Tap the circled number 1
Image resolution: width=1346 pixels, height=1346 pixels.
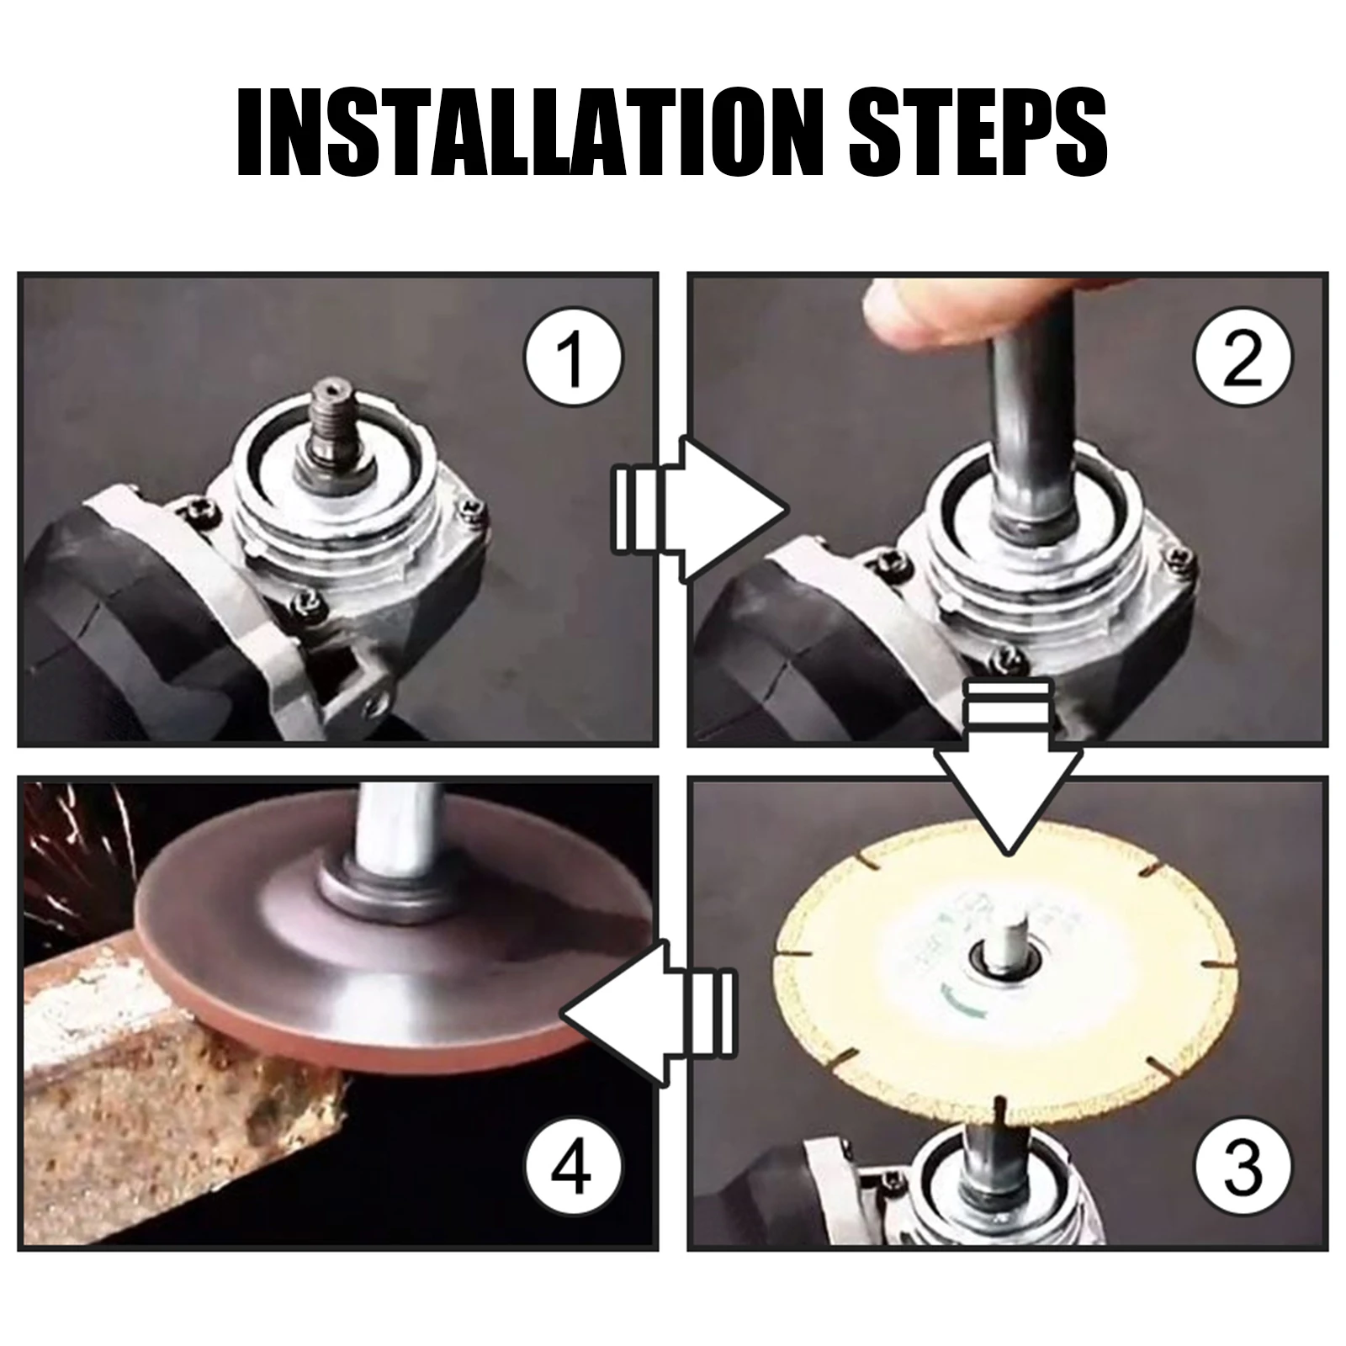[x=573, y=359]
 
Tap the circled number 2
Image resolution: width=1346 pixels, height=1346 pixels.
[x=1242, y=359]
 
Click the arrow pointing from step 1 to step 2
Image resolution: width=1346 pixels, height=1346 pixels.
[x=698, y=510]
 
